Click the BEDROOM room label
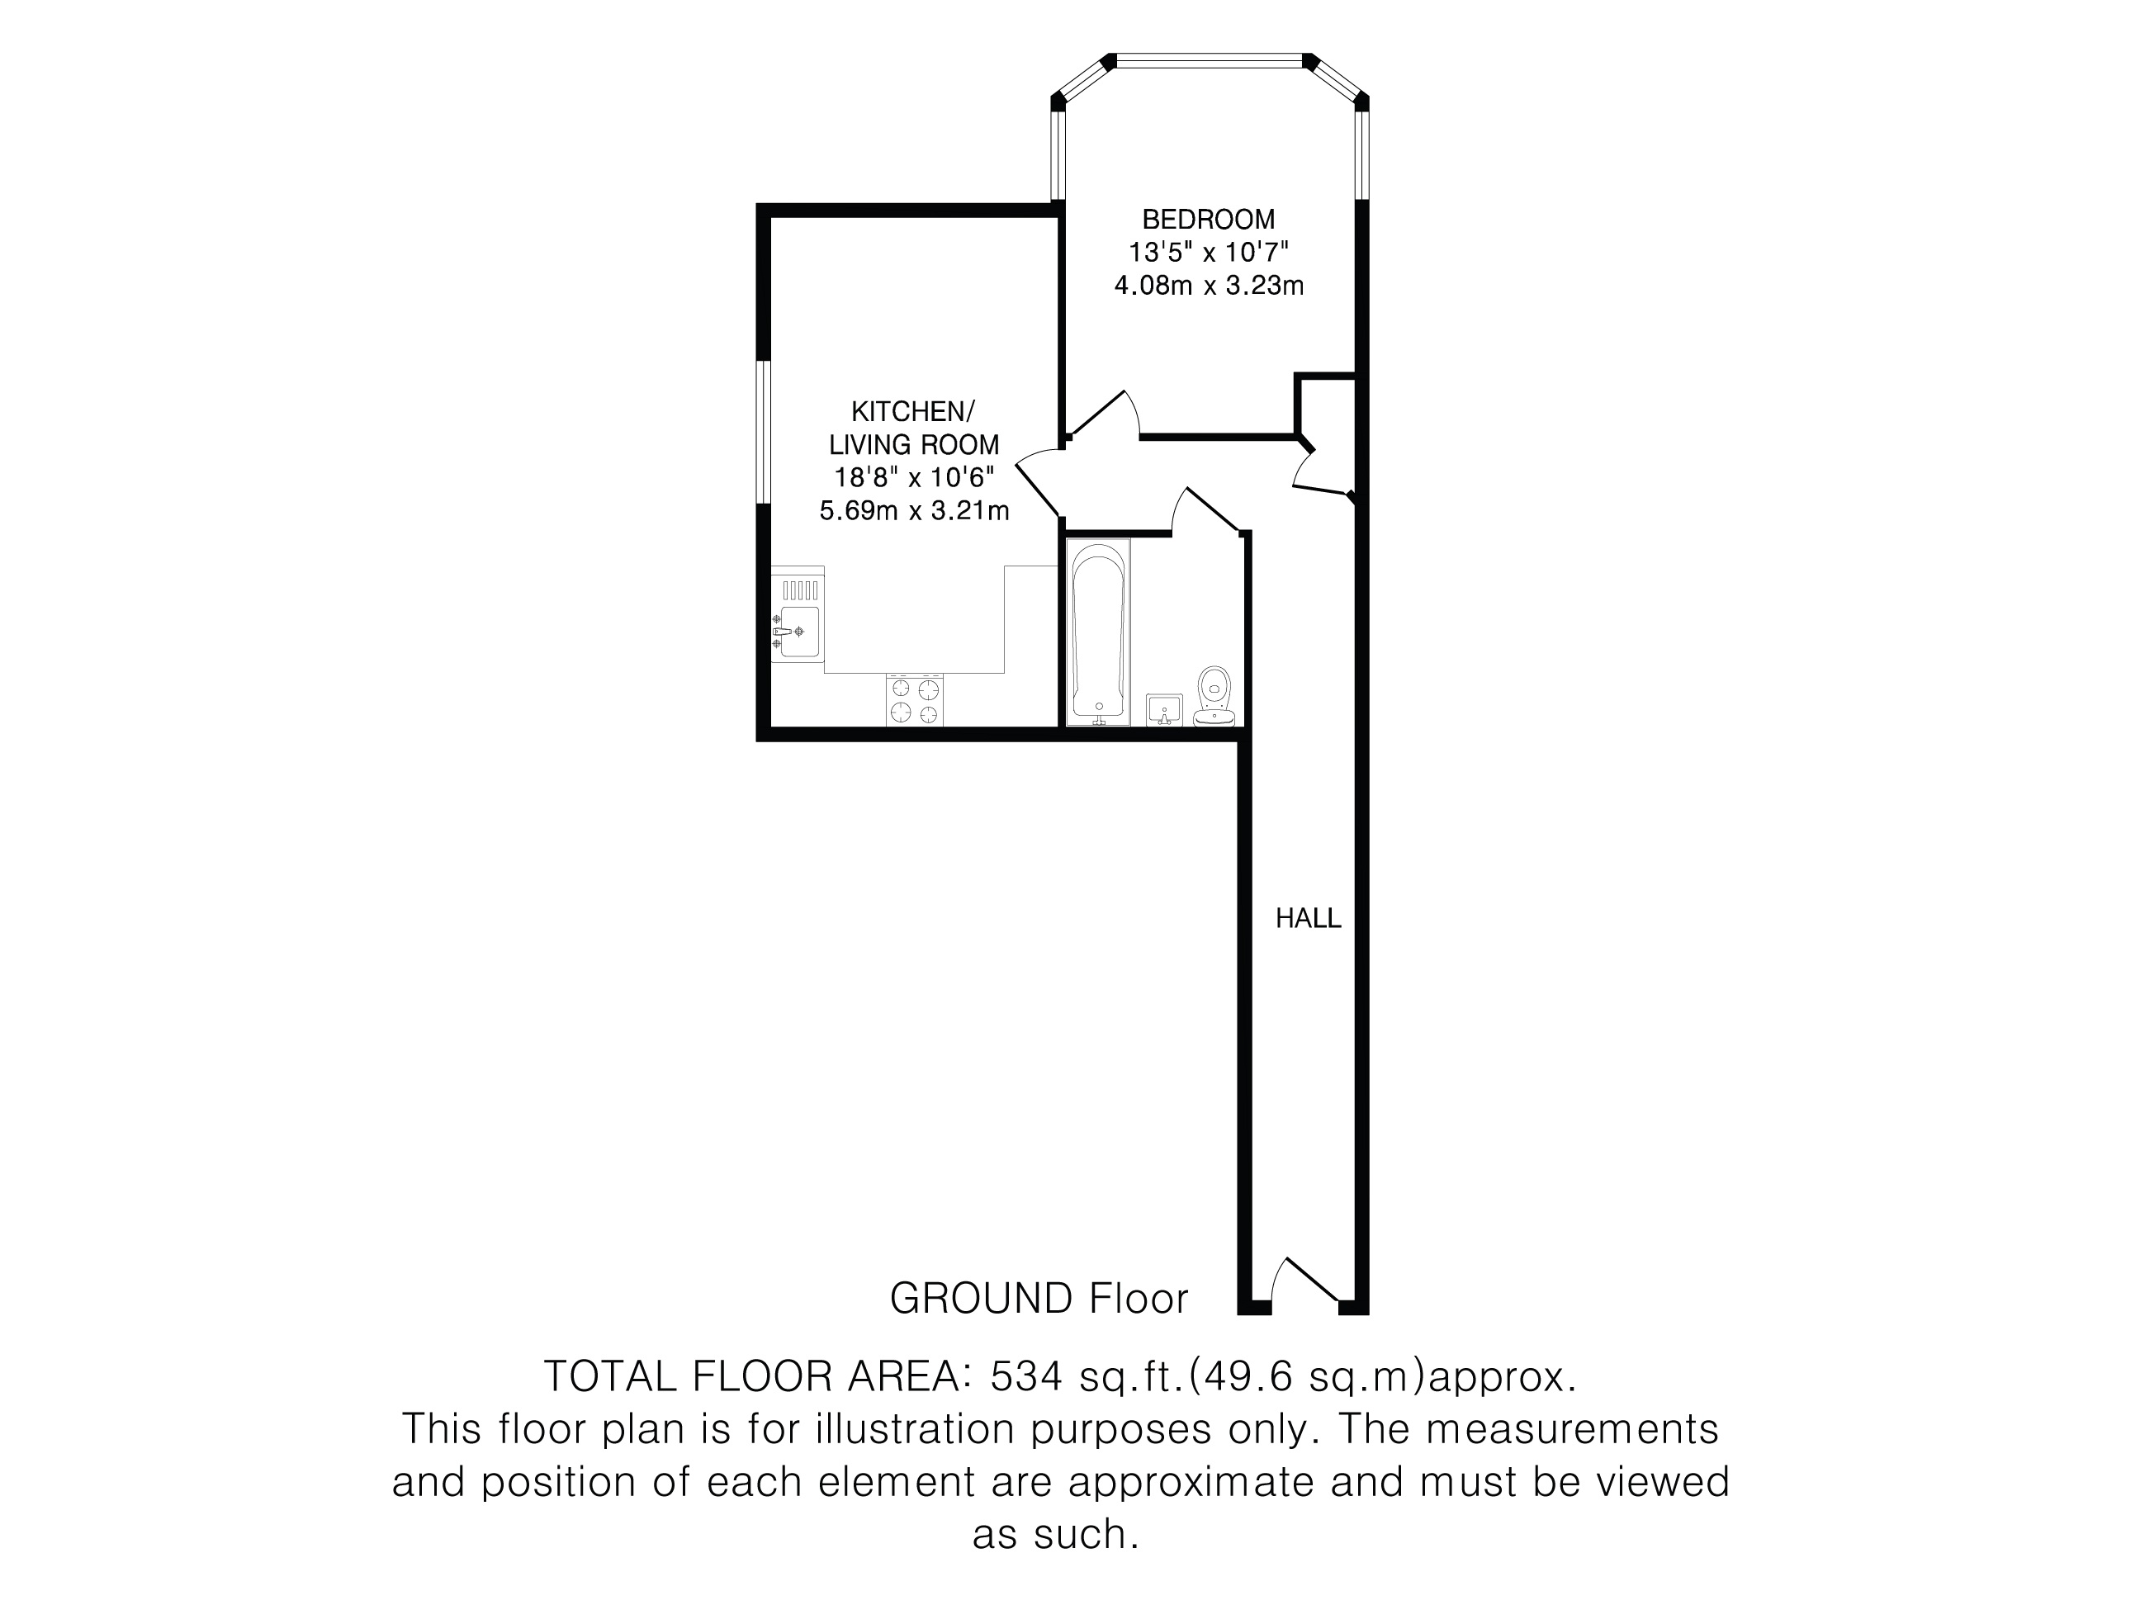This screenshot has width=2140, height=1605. tap(1209, 219)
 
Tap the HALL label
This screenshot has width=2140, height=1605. tap(1308, 918)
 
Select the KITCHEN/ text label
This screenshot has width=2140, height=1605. tap(913, 411)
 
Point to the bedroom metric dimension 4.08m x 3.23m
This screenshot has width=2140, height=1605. tap(1209, 286)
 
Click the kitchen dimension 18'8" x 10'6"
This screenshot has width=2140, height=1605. tap(914, 477)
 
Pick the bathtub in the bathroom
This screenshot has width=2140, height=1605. tap(1098, 631)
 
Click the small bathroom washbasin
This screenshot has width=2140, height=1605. tap(1164, 709)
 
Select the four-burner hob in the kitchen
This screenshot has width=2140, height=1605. tap(914, 700)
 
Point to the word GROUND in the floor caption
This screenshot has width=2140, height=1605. tap(980, 1299)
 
